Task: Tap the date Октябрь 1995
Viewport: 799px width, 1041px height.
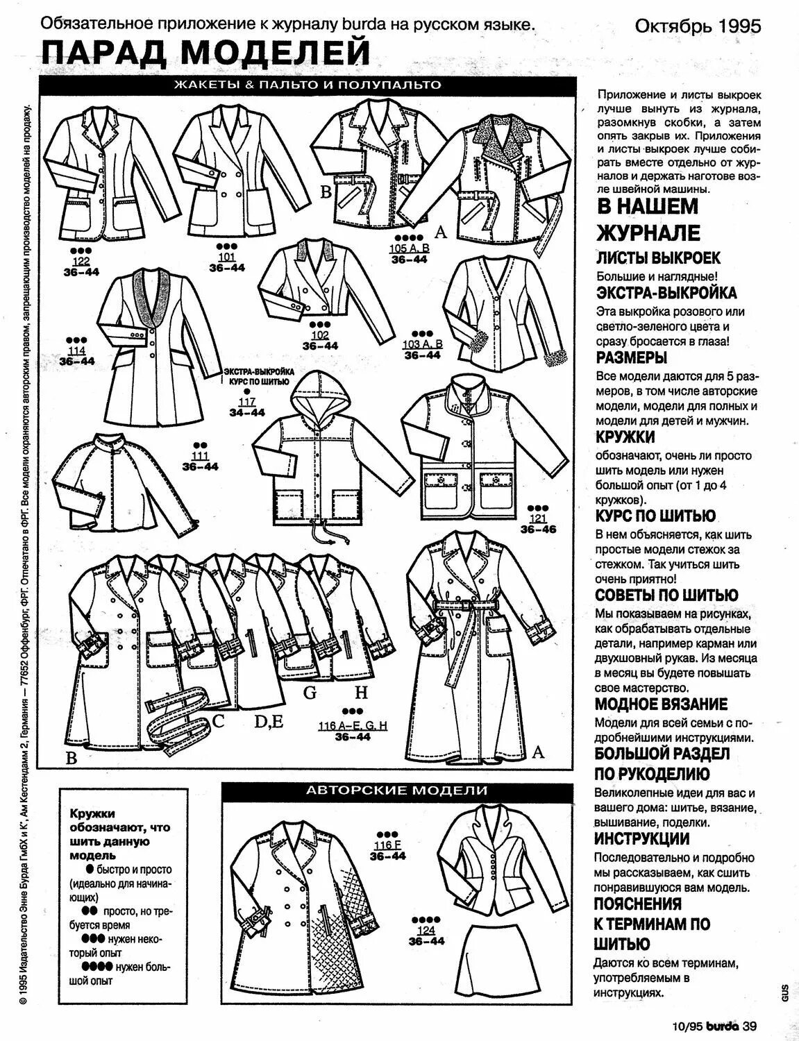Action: (x=698, y=26)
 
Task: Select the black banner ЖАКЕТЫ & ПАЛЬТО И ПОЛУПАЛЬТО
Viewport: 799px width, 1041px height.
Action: (x=307, y=85)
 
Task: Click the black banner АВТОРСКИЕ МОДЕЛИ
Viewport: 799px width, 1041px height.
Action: (x=397, y=790)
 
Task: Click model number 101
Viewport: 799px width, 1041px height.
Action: (x=226, y=257)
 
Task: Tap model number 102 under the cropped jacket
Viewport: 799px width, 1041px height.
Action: (x=320, y=335)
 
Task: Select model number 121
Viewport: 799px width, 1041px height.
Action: (x=538, y=518)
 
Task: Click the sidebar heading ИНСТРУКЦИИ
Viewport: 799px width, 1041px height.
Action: (x=641, y=838)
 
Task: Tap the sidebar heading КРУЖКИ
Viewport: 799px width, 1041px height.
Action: (x=625, y=437)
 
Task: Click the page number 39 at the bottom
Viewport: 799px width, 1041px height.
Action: (x=748, y=1026)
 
